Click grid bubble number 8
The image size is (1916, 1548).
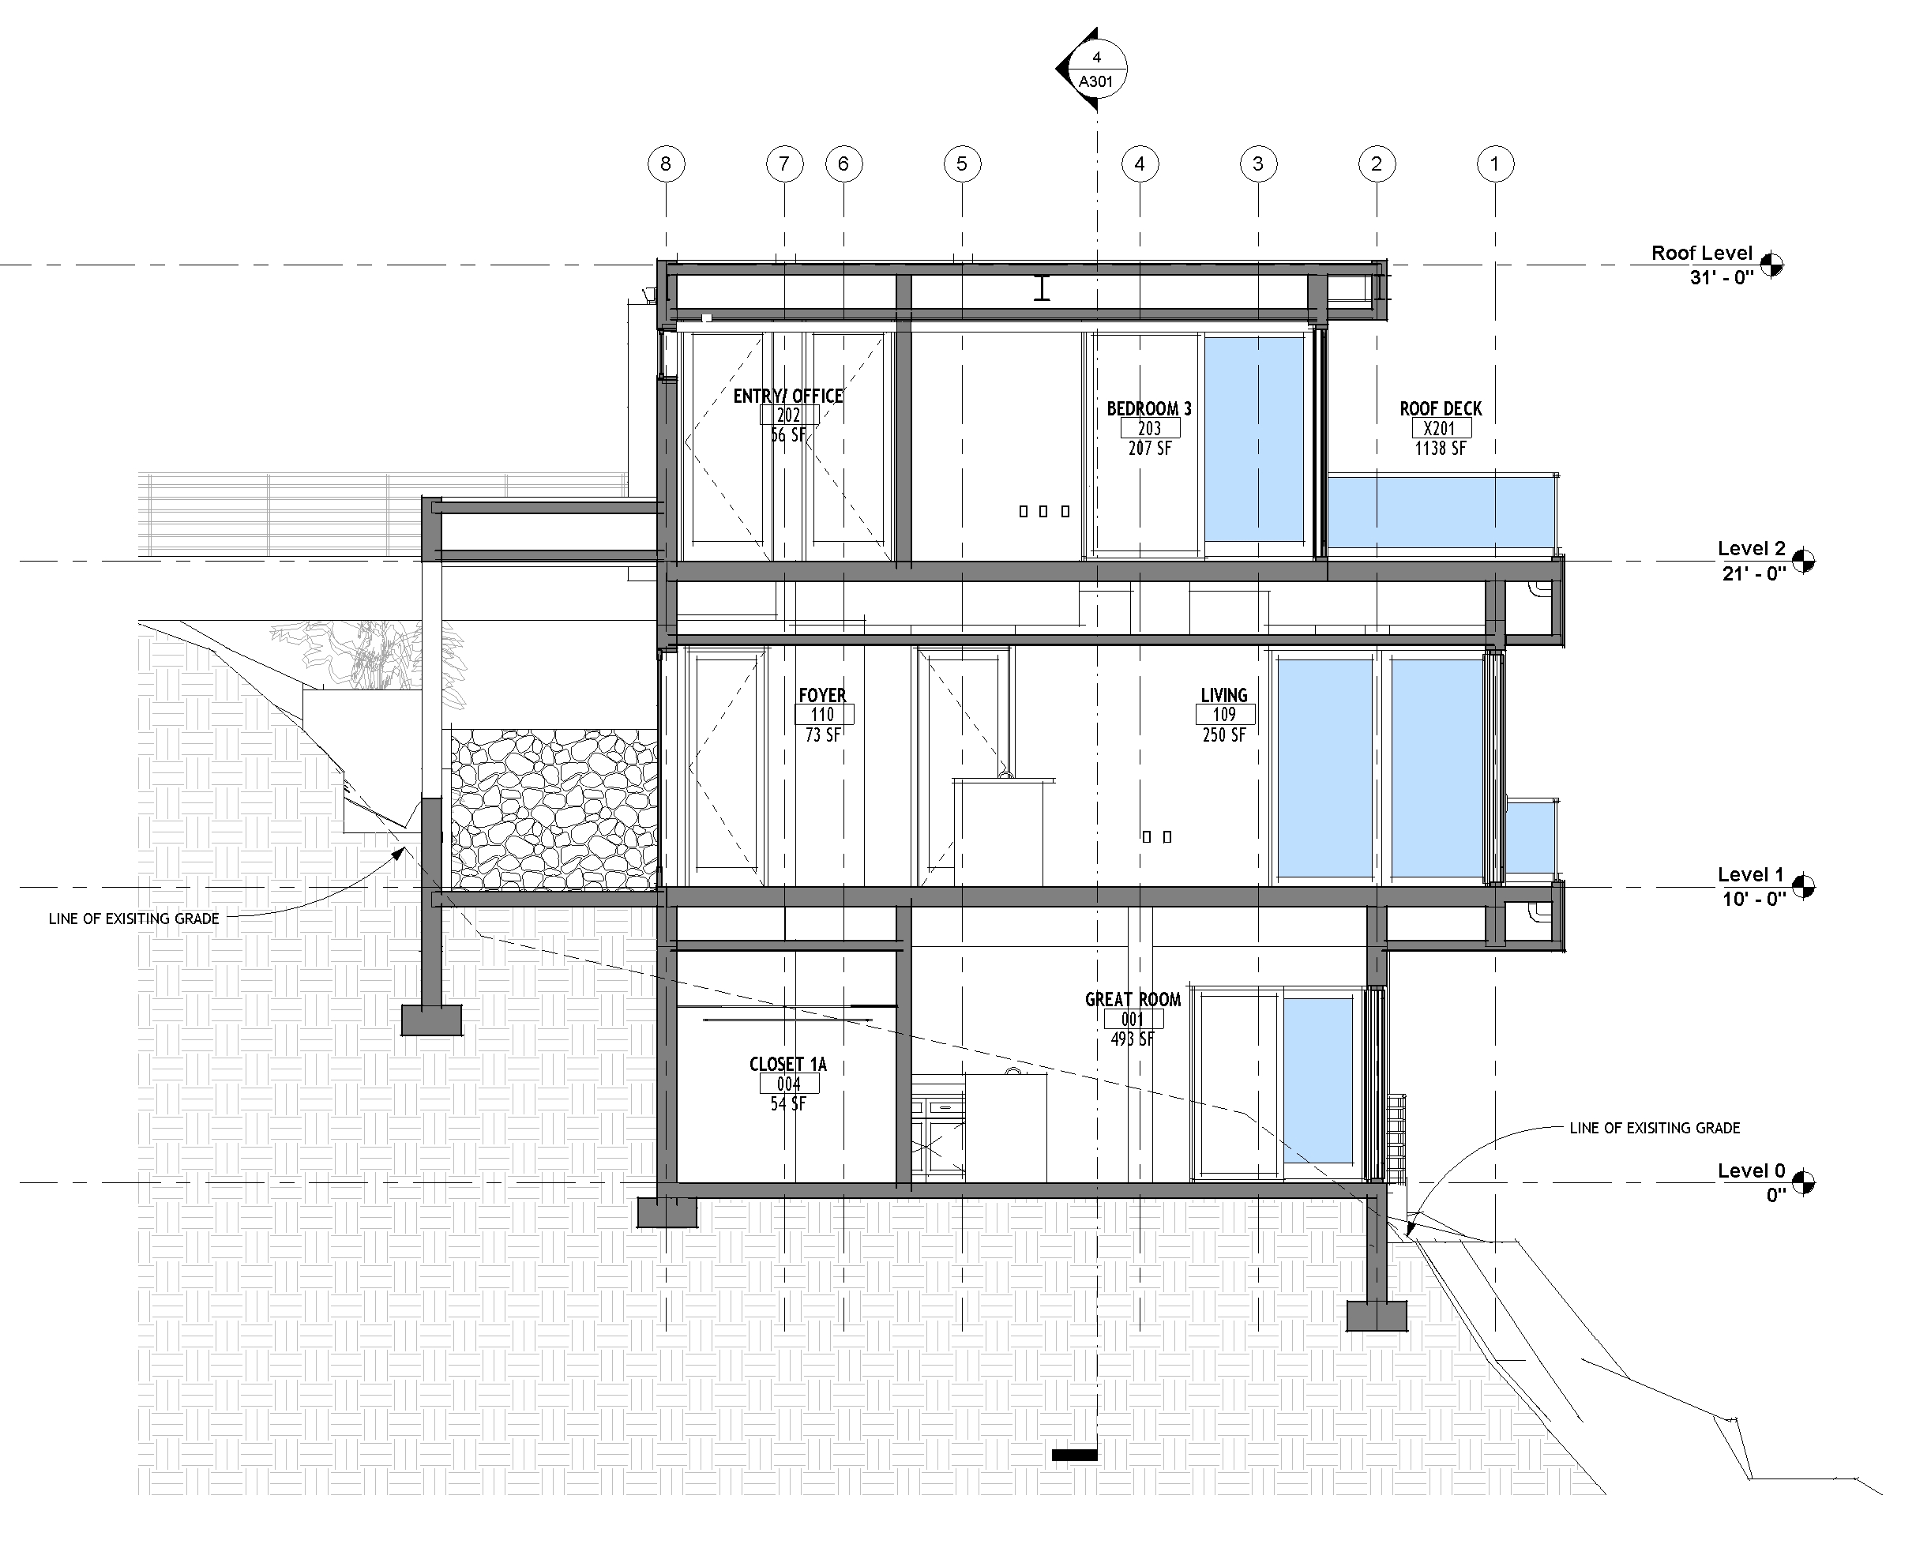coord(665,164)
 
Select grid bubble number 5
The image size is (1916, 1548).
coord(962,164)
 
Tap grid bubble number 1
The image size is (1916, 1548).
coord(1495,164)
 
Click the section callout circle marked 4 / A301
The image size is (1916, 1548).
coord(1097,69)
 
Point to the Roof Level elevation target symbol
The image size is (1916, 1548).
coord(1771,264)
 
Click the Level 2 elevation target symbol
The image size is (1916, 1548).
coord(1803,561)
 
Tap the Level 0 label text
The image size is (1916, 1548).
coord(1752,1170)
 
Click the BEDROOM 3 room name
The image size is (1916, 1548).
coord(1149,408)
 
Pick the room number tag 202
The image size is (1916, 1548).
coord(789,415)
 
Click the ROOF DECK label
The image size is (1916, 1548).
coord(1441,408)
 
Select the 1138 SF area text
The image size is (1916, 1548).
coord(1441,449)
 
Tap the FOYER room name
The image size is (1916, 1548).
coord(822,695)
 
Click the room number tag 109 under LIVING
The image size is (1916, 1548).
coord(1225,714)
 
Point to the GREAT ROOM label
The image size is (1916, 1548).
coord(1133,1000)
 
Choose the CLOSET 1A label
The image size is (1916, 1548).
coord(788,1064)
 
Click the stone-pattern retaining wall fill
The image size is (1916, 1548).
coord(554,809)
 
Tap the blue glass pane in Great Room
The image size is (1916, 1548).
coord(1318,1080)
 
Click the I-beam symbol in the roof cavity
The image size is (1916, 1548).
coord(1042,288)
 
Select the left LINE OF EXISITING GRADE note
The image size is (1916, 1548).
coord(133,919)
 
